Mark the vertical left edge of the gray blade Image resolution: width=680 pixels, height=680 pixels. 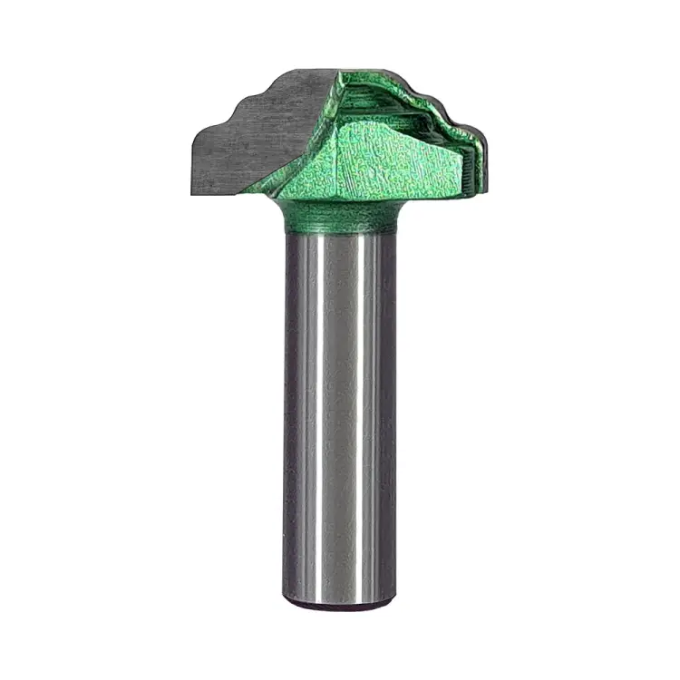[x=190, y=163]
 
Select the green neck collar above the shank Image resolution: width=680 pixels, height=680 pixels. [x=340, y=216]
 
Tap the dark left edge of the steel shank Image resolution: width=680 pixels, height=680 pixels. [x=287, y=408]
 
